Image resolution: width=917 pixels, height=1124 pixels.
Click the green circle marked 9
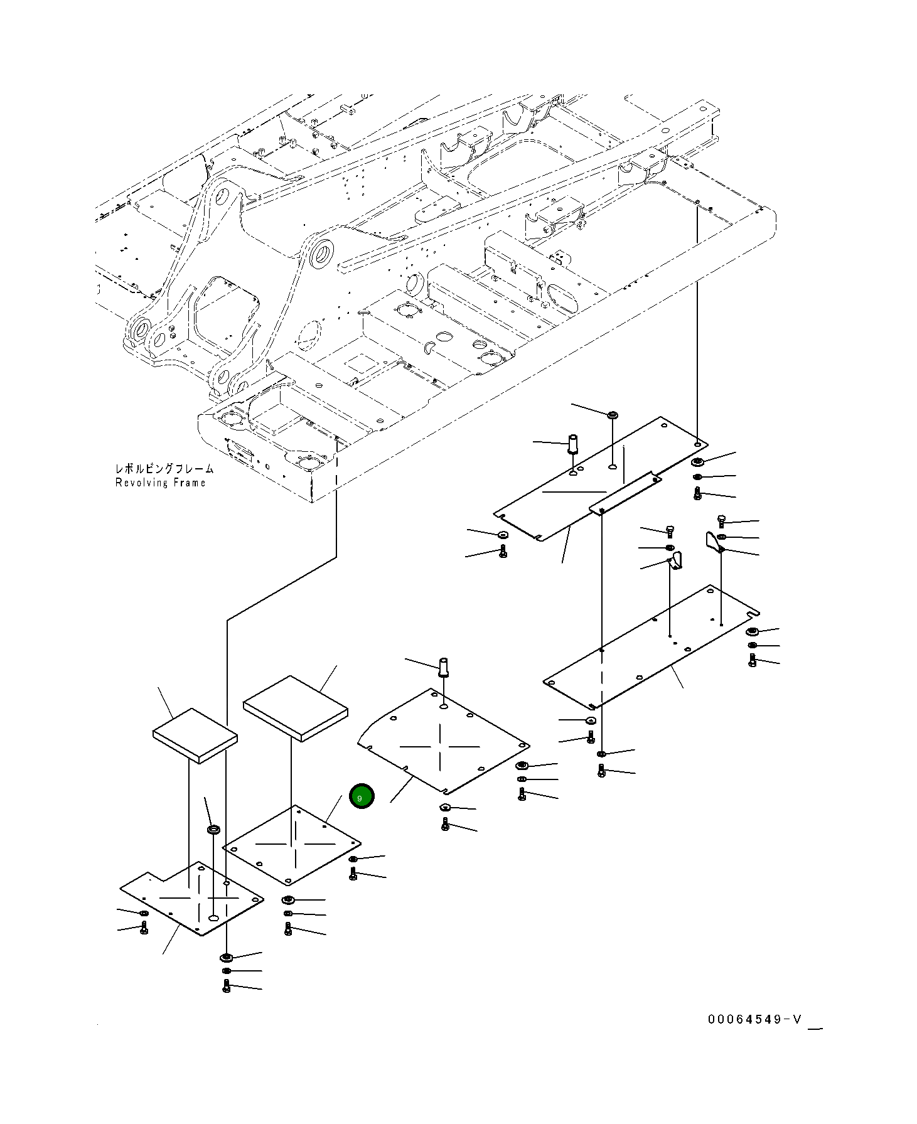[x=362, y=797]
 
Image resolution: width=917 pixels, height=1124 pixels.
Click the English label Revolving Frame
[x=160, y=483]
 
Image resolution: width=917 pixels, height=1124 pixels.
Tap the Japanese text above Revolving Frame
[x=164, y=469]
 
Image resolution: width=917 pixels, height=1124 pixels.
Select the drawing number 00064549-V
[x=754, y=1019]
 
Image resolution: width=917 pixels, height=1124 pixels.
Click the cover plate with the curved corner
[x=443, y=741]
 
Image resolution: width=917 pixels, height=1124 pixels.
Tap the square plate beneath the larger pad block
[x=292, y=844]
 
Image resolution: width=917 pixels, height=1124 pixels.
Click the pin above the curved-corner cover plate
[x=444, y=666]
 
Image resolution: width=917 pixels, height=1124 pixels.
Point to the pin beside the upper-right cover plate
[x=572, y=443]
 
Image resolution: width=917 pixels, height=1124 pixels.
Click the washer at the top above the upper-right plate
[x=613, y=415]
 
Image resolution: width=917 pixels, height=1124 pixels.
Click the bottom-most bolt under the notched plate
[x=227, y=987]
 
